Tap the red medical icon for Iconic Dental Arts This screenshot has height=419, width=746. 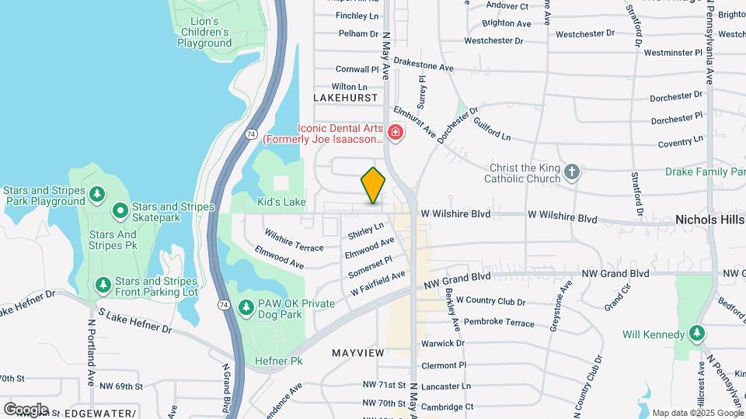tap(396, 133)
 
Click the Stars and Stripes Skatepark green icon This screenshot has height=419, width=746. tap(120, 210)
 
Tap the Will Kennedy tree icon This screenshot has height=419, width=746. tap(697, 334)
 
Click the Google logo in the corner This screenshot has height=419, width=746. tap(26, 409)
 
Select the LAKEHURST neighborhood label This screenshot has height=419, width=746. tap(345, 98)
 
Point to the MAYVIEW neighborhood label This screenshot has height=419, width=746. tap(358, 353)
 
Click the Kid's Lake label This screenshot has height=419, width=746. tap(281, 202)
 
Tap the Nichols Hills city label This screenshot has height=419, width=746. tap(709, 220)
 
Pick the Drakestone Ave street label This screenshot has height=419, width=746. tap(424, 68)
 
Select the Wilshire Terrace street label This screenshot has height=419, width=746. tap(293, 240)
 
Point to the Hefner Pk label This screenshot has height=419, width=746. tap(278, 361)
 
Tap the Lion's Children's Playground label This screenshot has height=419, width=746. tap(204, 32)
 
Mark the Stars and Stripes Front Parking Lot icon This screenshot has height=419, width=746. tap(103, 286)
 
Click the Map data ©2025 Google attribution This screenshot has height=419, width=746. tap(697, 413)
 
